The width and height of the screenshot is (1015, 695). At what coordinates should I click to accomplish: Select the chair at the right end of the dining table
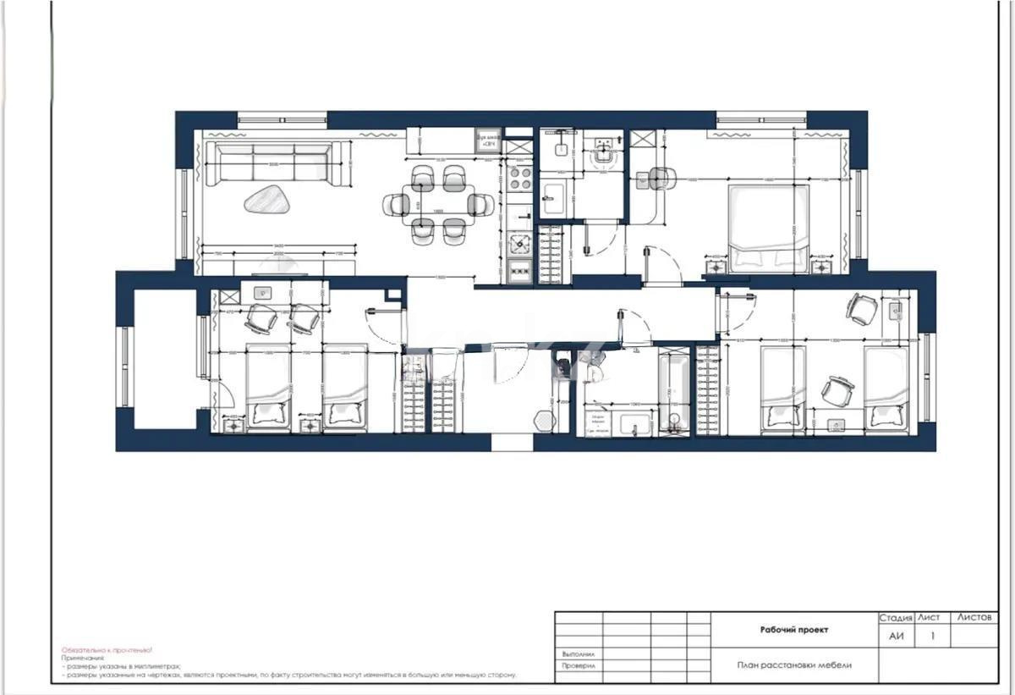click(481, 204)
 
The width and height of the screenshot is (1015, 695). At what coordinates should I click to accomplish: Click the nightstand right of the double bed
click(821, 266)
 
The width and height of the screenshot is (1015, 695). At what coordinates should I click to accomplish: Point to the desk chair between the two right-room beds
click(837, 389)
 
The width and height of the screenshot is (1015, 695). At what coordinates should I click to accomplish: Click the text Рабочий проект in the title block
click(794, 630)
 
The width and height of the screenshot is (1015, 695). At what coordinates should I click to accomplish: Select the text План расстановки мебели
click(794, 665)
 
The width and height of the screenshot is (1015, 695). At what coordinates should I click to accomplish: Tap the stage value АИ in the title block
click(896, 636)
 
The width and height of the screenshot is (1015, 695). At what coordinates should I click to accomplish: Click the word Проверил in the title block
click(579, 666)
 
